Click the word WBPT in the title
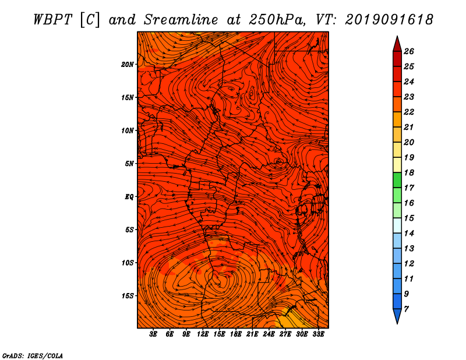coord(53,20)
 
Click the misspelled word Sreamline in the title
coord(181,20)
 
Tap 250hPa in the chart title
coord(277,20)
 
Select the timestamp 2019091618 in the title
coord(389,20)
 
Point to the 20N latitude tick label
coord(128,65)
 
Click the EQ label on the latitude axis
coord(129,197)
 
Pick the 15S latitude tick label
coord(128,296)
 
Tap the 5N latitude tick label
coord(129,164)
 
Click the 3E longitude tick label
coord(153,334)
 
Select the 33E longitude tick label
coord(318,334)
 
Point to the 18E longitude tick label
coord(236,334)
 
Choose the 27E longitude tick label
coord(285,334)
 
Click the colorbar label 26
coord(409,51)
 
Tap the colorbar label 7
coord(406,309)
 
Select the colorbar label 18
coord(409,172)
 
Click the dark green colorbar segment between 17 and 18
coord(397,180)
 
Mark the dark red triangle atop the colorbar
coord(397,45)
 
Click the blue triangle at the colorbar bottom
coord(397,315)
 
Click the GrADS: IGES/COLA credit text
coord(33,356)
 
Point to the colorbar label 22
coord(409,112)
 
